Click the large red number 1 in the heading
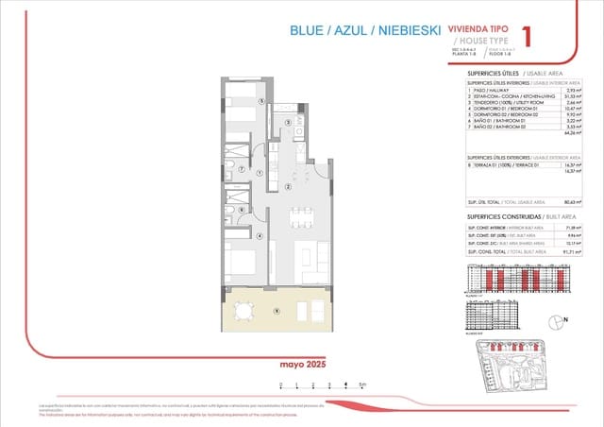pyautogui.click(x=527, y=36)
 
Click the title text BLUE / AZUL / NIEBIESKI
pyautogui.click(x=366, y=31)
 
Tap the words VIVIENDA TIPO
pyautogui.click(x=480, y=29)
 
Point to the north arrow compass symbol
pyautogui.click(x=557, y=321)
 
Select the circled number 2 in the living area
pyautogui.click(x=288, y=187)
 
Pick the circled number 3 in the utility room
pyautogui.click(x=287, y=121)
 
